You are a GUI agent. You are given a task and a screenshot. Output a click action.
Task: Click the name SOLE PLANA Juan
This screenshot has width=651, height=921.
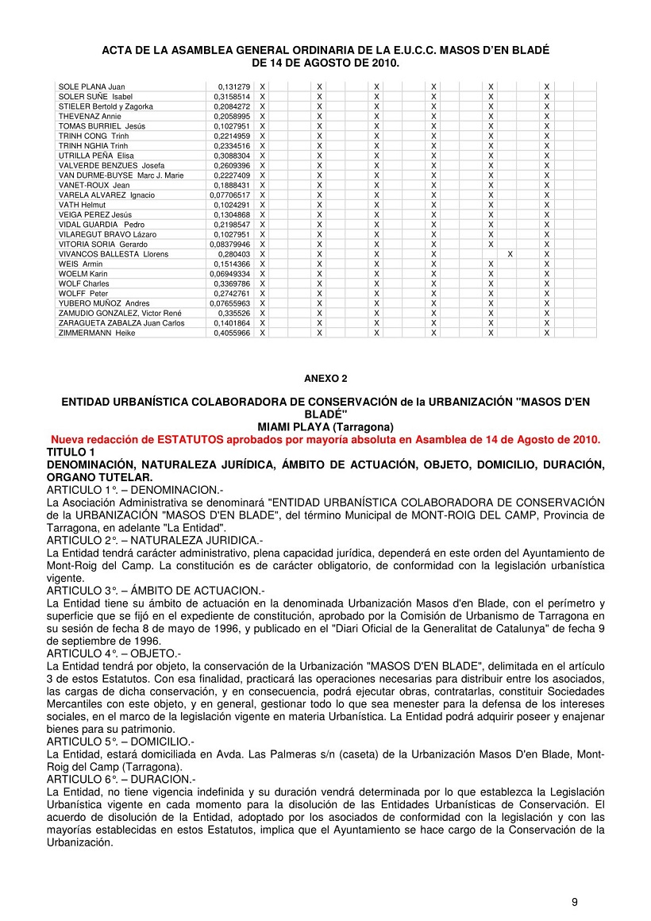91,87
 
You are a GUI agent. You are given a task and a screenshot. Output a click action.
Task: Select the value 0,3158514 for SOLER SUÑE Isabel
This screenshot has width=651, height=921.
232,96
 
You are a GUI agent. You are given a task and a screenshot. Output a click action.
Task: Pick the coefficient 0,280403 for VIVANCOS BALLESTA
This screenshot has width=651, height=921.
234,254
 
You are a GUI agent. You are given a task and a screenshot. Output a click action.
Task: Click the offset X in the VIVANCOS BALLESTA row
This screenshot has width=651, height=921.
510,254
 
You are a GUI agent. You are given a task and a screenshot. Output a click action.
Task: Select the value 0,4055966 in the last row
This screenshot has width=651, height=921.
232,333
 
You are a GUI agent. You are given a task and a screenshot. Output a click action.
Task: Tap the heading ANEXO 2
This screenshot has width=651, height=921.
325,379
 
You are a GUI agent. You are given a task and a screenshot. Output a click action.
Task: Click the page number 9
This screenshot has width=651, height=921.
574,901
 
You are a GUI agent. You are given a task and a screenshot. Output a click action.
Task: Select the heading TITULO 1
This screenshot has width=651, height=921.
71,451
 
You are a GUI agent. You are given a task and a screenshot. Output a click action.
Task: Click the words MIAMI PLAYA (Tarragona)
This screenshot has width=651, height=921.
325,427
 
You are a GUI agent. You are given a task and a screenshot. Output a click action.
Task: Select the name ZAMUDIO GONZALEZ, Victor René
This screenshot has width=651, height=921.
120,313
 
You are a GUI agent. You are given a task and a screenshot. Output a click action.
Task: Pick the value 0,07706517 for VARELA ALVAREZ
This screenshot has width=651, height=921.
230,195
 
